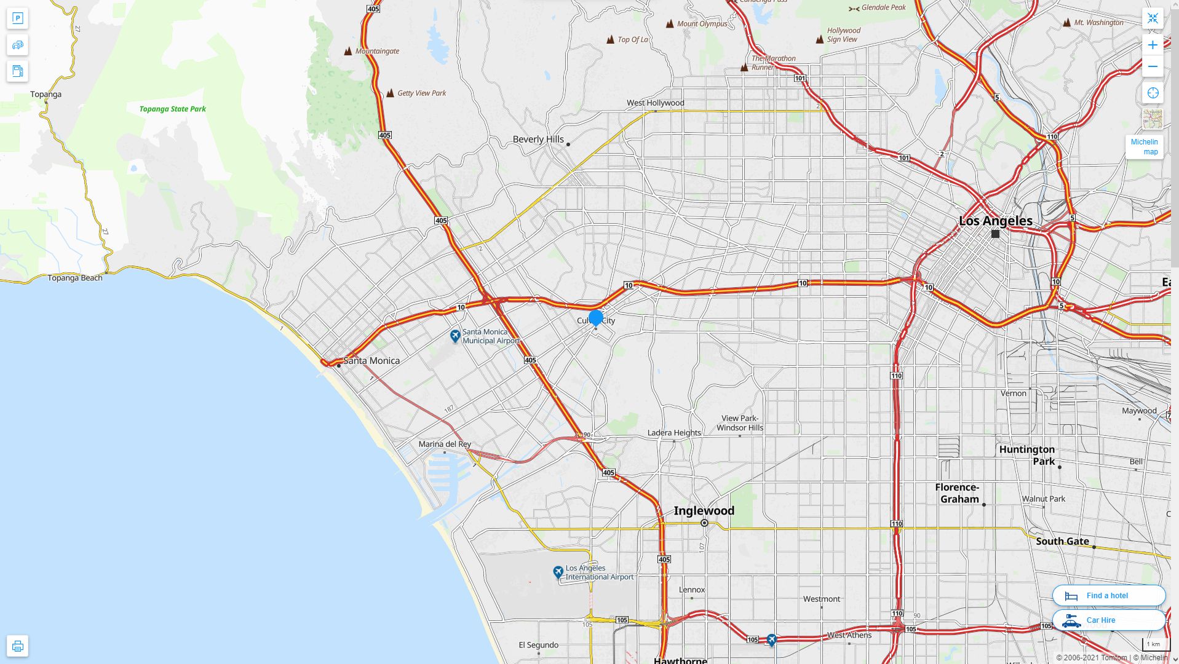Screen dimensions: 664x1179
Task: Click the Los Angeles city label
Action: [995, 221]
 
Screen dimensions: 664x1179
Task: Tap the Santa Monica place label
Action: [371, 361]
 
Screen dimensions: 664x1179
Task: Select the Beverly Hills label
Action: [538, 140]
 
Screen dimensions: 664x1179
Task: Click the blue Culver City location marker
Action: [595, 318]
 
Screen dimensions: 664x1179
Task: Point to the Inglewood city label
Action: [704, 511]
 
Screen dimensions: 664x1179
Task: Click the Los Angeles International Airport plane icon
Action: [558, 572]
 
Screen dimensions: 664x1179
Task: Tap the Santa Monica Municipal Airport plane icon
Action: [455, 336]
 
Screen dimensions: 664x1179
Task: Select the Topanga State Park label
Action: [172, 109]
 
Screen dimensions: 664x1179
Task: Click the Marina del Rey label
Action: [444, 444]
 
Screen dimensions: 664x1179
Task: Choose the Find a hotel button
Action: [1108, 595]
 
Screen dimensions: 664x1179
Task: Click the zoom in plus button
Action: [1153, 45]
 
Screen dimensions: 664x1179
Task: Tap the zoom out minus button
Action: [1153, 66]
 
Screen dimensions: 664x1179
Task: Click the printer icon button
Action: [17, 646]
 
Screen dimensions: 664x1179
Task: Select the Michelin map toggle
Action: [1144, 147]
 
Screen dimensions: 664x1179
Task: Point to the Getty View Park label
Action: [421, 93]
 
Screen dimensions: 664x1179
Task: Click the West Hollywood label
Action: [655, 103]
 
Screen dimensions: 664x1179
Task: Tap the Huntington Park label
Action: [1026, 456]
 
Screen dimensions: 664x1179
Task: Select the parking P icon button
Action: [17, 18]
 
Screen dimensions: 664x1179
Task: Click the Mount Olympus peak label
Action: [702, 24]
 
